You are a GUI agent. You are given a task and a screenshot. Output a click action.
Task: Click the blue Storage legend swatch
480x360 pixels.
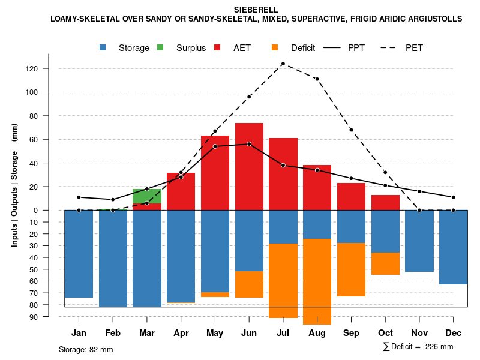click(x=104, y=47)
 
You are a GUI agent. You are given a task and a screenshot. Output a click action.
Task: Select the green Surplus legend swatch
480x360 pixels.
click(x=161, y=47)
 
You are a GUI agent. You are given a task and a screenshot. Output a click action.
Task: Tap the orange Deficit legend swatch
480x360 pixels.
click(x=275, y=47)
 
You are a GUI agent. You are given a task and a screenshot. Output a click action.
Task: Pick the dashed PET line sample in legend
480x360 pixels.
click(x=389, y=47)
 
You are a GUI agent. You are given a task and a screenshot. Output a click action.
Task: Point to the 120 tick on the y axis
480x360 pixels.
click(x=31, y=69)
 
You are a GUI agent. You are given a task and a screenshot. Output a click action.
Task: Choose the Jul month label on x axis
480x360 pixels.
click(x=283, y=333)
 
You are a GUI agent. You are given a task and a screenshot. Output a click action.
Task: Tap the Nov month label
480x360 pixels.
click(x=419, y=333)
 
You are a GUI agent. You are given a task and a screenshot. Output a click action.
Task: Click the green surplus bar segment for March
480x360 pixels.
click(x=146, y=196)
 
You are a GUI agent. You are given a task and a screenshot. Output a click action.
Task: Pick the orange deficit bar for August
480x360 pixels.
click(x=317, y=281)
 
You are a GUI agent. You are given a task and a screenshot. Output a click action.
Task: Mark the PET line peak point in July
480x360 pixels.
click(x=283, y=64)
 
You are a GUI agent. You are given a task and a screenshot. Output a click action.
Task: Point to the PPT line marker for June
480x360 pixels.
click(x=249, y=144)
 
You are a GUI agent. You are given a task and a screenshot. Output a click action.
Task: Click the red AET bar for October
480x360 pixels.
click(x=385, y=202)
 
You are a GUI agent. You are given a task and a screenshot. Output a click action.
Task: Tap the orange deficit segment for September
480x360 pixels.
click(x=351, y=269)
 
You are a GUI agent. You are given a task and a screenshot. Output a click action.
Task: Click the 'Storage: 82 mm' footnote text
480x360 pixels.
click(x=86, y=349)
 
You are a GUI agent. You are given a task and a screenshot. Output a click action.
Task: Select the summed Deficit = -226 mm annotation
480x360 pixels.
click(x=418, y=347)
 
